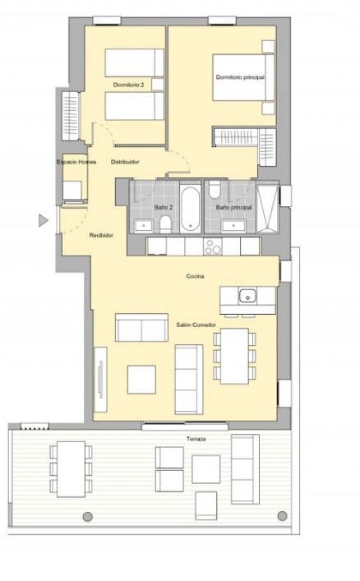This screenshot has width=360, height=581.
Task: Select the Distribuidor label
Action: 124,162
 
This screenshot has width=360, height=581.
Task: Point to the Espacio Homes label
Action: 76,162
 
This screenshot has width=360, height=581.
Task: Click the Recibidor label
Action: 101,236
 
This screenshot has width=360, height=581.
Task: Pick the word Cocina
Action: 195,276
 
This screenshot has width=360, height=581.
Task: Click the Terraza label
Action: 195,440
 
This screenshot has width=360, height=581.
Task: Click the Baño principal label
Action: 233,207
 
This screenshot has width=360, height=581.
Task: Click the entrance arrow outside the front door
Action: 43,219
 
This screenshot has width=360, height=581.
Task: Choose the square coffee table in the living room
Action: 141,379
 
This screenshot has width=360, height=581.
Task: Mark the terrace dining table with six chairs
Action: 70,467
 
